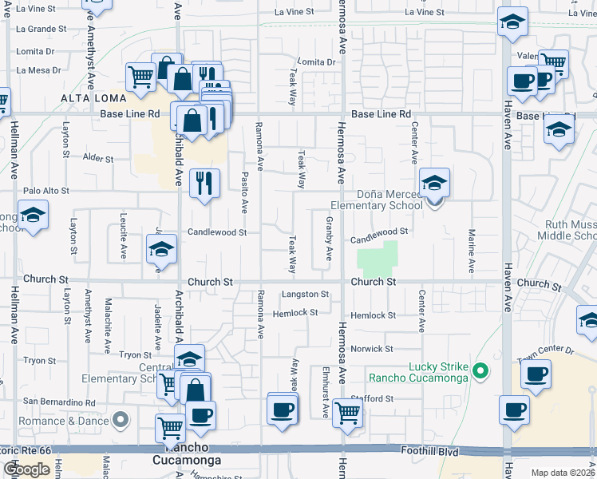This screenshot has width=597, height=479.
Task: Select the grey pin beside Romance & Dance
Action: [121, 419]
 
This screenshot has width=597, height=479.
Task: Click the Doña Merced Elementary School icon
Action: [434, 184]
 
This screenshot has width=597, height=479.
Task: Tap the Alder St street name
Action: [98, 159]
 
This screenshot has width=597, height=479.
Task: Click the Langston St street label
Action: [305, 295]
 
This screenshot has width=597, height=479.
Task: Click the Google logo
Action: [26, 469]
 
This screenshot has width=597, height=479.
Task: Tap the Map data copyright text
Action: [563, 473]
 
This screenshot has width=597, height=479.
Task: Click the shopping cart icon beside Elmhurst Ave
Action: [347, 414]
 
